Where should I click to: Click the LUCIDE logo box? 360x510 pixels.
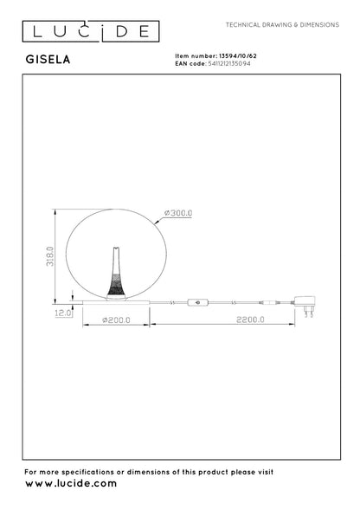(x=91, y=31)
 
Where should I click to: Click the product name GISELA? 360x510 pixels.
(x=48, y=59)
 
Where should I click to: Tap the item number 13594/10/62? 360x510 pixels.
(x=238, y=56)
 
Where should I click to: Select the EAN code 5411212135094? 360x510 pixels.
(x=229, y=63)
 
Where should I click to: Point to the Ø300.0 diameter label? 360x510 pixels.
(x=178, y=213)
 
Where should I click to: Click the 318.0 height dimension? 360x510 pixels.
(x=49, y=256)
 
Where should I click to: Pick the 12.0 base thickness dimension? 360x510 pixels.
(x=63, y=313)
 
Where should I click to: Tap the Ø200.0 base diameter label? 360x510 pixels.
(x=116, y=320)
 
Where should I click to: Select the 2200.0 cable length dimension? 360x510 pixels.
(x=250, y=320)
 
